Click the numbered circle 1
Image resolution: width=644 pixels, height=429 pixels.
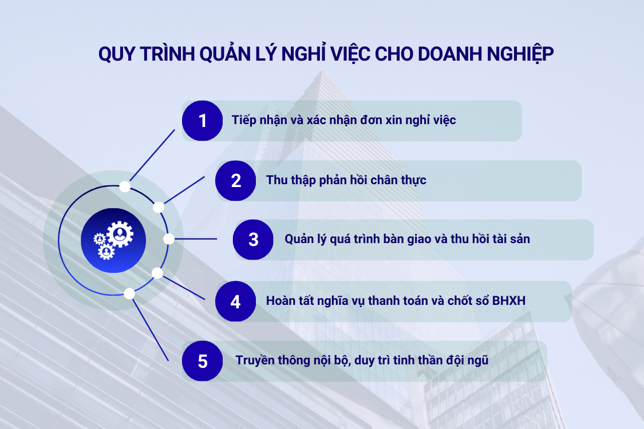pyautogui.click(x=202, y=121)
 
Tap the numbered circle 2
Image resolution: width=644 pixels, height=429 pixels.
pyautogui.click(x=236, y=181)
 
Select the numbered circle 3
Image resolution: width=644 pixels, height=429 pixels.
pyautogui.click(x=253, y=239)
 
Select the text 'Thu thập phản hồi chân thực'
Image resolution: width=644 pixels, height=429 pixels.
pyautogui.click(x=346, y=180)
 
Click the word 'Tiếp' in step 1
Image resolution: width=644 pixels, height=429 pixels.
pyautogui.click(x=244, y=120)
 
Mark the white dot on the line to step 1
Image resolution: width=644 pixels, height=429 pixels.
pyautogui.click(x=125, y=186)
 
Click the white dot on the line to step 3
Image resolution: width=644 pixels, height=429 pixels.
pyautogui.click(x=169, y=239)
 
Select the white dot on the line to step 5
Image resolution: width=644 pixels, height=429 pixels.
pyautogui.click(x=129, y=293)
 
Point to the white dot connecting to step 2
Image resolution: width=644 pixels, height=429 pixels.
pyautogui.click(x=159, y=207)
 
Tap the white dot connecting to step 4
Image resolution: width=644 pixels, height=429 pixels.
pyautogui.click(x=157, y=273)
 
